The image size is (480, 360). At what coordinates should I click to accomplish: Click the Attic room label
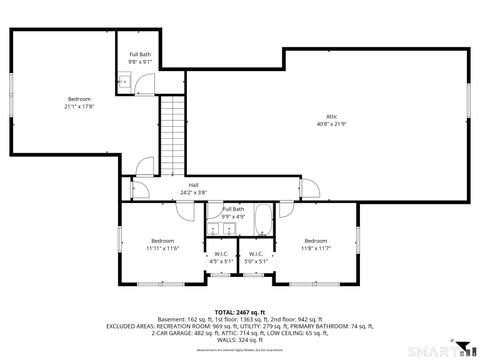(331, 116)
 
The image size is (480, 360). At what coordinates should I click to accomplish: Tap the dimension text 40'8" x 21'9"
(331, 124)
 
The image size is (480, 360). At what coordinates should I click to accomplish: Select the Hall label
(193, 185)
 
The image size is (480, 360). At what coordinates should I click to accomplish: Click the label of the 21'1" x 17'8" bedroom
(79, 98)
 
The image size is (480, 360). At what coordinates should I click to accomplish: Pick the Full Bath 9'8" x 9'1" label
(140, 54)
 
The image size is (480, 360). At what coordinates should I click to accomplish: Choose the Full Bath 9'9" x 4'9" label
(232, 209)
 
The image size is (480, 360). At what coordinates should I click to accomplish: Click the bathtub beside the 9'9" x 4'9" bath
(264, 219)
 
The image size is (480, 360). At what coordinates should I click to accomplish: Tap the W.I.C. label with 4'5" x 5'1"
(221, 254)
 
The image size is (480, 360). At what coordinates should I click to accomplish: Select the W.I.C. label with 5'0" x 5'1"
(256, 254)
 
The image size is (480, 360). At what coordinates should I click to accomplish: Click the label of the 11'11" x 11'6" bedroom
(164, 241)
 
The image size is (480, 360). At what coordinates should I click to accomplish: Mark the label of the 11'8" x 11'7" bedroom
(316, 241)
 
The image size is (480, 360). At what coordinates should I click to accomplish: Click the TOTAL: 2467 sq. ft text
(239, 312)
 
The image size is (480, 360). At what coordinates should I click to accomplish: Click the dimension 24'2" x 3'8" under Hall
(193, 192)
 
